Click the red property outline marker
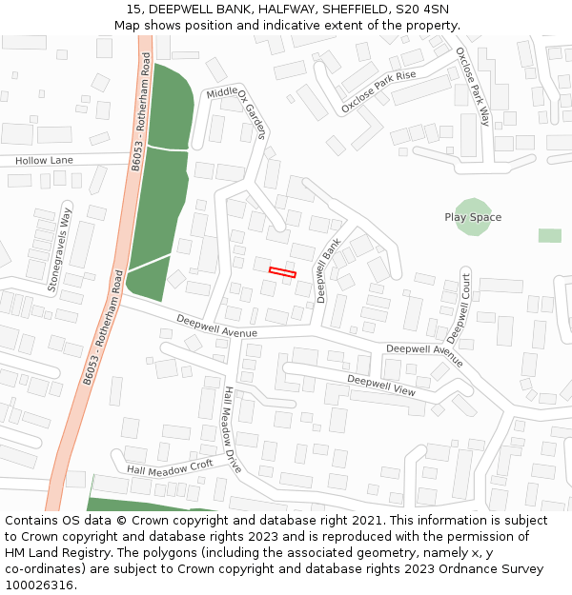pyautogui.click(x=282, y=272)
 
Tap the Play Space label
pyautogui.click(x=473, y=217)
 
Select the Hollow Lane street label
pyautogui.click(x=44, y=161)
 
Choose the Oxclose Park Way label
pyautogui.click(x=472, y=86)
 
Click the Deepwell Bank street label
pyautogui.click(x=329, y=271)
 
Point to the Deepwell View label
pyautogui.click(x=381, y=385)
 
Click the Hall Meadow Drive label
pyautogui.click(x=232, y=430)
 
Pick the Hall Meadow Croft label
pyautogui.click(x=170, y=466)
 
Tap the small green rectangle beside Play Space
pyautogui.click(x=549, y=235)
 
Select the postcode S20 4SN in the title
pyautogui.click(x=418, y=10)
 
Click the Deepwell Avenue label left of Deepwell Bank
pyautogui.click(x=216, y=327)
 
